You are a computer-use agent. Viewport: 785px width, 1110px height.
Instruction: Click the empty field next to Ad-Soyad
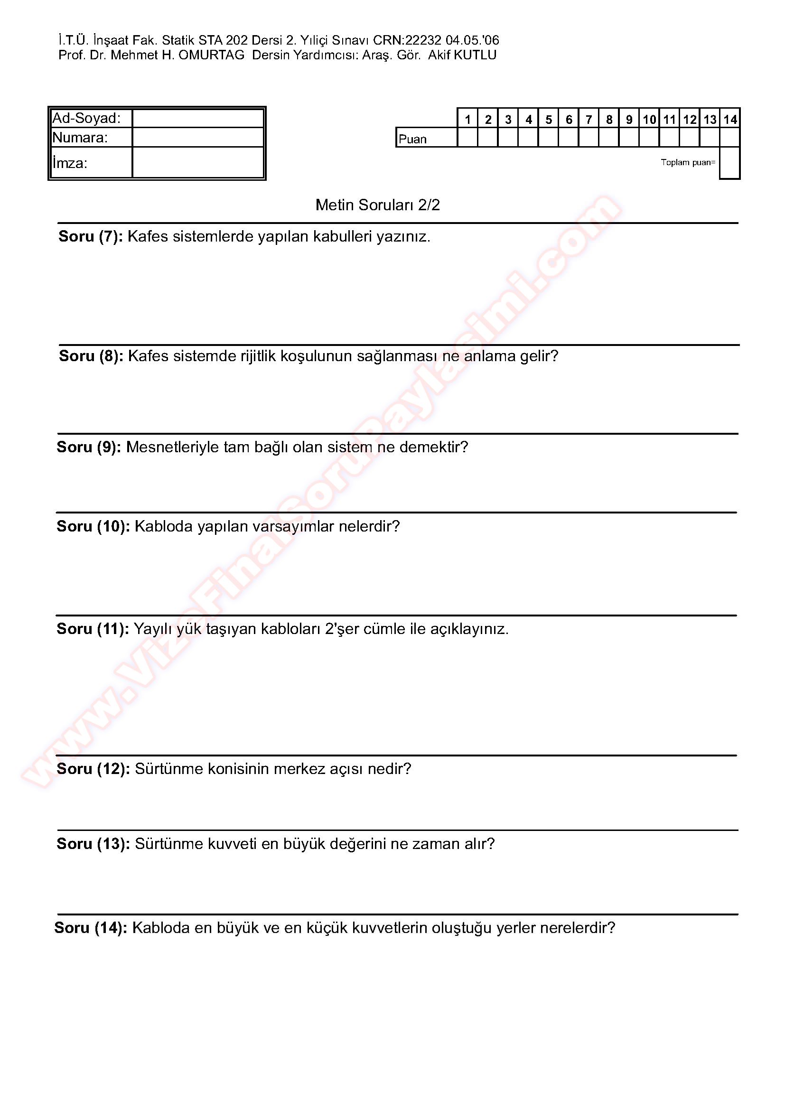pos(198,119)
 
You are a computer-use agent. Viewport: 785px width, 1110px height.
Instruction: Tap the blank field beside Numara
pos(198,137)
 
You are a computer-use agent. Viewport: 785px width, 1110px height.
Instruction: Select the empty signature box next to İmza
pos(198,162)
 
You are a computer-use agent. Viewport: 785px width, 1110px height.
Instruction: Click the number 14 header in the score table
pos(730,120)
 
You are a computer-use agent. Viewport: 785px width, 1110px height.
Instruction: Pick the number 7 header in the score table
pos(589,120)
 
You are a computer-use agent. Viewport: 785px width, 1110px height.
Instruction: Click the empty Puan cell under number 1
pos(467,137)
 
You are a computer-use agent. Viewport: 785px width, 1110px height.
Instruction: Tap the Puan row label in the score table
pos(413,139)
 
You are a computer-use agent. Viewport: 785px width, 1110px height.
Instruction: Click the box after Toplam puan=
pos(729,163)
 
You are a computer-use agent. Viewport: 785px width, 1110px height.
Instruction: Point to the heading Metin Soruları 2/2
pos(377,205)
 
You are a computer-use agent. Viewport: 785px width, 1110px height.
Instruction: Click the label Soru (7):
pos(91,237)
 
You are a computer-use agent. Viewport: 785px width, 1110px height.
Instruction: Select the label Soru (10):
pos(93,526)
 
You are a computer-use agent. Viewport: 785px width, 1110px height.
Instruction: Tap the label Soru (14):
pos(91,928)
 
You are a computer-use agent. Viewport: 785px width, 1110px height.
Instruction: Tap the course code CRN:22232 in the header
pos(407,40)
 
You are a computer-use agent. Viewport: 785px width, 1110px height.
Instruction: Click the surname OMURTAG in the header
pos(211,55)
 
